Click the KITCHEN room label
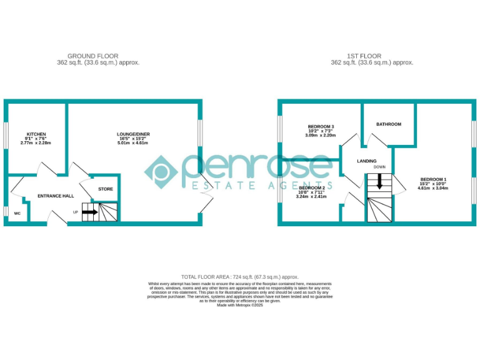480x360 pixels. (36, 134)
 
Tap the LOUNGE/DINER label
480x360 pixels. (133, 134)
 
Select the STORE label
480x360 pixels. (105, 189)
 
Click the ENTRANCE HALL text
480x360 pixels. (56, 196)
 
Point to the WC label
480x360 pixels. (17, 213)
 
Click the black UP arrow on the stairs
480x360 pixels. (90, 212)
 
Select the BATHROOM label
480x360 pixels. (388, 124)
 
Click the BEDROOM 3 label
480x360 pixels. (321, 126)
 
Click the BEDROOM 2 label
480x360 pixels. (312, 187)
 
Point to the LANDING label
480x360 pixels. (367, 161)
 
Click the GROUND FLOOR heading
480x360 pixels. (92, 56)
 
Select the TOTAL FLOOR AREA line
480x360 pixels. (240, 276)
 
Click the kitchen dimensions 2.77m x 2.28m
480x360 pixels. (36, 143)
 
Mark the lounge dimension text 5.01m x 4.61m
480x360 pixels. (133, 143)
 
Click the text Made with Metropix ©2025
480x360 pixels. (240, 305)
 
